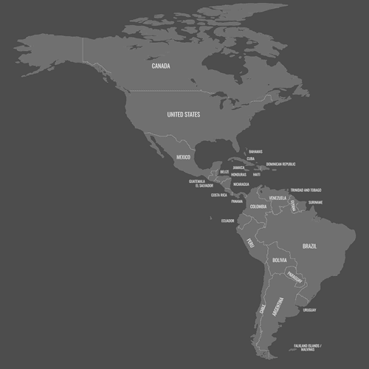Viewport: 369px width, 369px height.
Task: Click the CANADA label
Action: [161, 66]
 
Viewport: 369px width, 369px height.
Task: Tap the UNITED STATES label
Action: [183, 114]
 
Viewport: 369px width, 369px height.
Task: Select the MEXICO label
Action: [184, 158]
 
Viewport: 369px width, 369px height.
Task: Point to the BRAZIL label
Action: [310, 246]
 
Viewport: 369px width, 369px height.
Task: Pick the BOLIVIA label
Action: [279, 261]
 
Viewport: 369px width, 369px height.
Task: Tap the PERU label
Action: [250, 242]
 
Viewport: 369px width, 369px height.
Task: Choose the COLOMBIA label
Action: [258, 207]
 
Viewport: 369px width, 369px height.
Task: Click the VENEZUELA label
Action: [277, 198]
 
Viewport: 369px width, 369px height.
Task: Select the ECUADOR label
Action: [227, 221]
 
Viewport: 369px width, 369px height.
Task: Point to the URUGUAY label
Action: [309, 310]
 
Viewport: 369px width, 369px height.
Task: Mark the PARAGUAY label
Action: [294, 277]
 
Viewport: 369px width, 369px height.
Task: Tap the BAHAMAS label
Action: [255, 151]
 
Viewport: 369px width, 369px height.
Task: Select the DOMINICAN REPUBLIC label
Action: [280, 164]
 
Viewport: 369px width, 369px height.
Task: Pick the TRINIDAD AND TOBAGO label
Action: [306, 190]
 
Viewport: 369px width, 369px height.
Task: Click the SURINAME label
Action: [316, 202]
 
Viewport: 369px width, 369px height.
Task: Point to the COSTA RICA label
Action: [218, 195]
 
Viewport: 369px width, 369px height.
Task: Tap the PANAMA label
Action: [236, 201]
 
